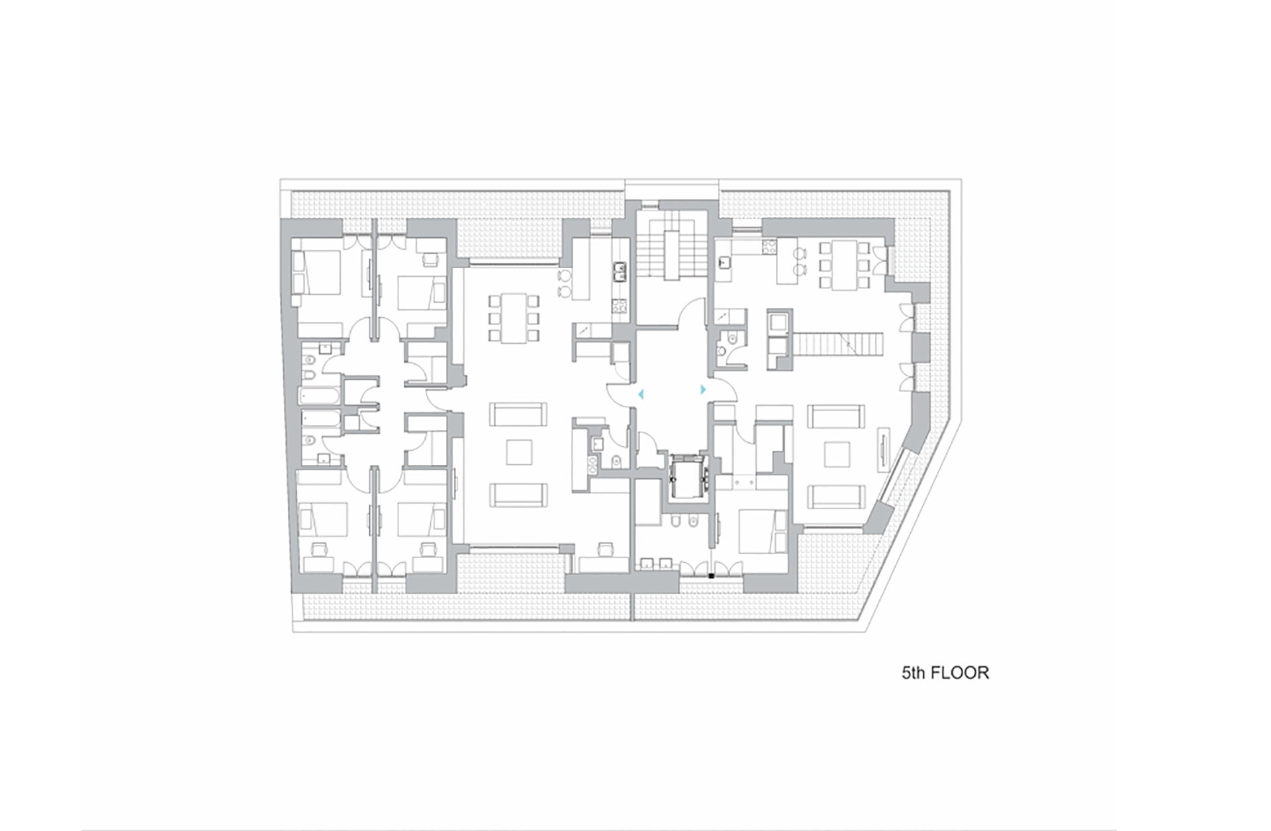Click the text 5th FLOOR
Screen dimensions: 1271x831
click(x=945, y=673)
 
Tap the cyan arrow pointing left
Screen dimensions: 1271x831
click(x=640, y=395)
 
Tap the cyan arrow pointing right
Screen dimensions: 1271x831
click(x=703, y=391)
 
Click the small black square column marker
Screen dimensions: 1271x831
click(x=712, y=576)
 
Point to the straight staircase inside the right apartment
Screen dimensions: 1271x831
click(x=838, y=343)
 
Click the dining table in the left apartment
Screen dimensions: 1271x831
click(x=514, y=318)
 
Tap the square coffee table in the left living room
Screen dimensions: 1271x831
click(x=519, y=452)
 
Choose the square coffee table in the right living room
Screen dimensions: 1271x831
click(x=837, y=455)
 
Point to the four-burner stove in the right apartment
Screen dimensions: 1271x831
click(x=770, y=247)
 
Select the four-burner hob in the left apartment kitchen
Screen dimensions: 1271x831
click(x=619, y=306)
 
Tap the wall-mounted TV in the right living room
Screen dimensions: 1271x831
click(x=884, y=448)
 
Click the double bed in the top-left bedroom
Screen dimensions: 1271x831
click(x=317, y=273)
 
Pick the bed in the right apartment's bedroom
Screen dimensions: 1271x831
click(x=761, y=531)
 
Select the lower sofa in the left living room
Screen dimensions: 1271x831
click(x=518, y=495)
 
